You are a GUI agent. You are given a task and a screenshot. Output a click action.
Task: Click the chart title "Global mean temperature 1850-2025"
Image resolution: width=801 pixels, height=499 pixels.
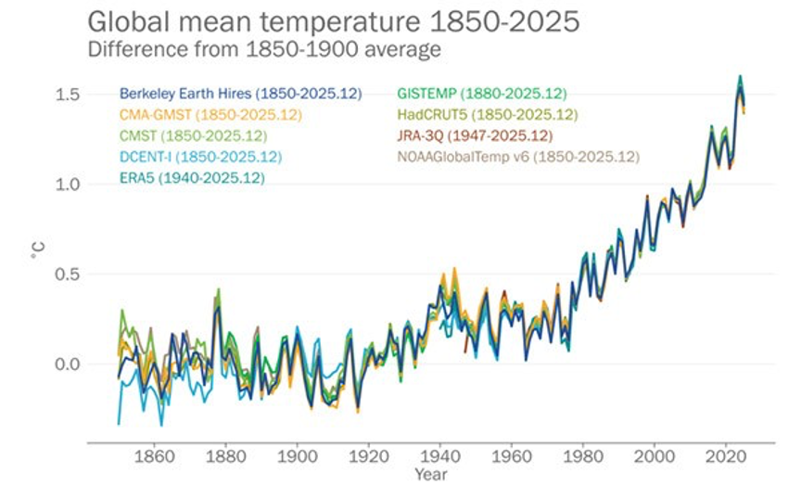click(x=334, y=22)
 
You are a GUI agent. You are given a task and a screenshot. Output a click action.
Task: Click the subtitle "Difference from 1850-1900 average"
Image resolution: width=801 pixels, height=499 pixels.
click(x=264, y=49)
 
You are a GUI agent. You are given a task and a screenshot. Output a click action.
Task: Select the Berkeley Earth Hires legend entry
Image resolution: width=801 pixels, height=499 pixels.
click(x=240, y=94)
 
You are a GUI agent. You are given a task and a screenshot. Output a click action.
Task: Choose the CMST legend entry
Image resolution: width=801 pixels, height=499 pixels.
click(x=194, y=136)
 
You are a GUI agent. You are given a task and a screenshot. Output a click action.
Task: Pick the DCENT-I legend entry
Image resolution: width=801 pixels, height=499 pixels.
click(x=200, y=157)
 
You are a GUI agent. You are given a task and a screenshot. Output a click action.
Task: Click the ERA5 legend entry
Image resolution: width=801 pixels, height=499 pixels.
click(x=192, y=177)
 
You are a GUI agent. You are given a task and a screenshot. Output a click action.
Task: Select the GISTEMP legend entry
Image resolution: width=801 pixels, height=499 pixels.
click(x=481, y=94)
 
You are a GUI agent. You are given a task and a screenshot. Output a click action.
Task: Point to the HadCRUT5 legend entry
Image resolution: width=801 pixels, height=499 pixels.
click(x=487, y=115)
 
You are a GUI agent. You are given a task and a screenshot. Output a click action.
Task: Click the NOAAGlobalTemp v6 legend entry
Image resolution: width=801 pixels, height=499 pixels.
click(x=517, y=157)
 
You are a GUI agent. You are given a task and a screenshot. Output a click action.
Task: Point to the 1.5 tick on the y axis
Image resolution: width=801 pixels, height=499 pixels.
click(x=67, y=95)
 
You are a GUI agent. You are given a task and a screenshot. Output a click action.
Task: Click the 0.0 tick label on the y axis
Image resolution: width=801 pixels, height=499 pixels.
click(x=67, y=364)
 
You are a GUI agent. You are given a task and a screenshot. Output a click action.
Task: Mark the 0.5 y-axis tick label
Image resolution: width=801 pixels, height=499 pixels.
click(x=67, y=275)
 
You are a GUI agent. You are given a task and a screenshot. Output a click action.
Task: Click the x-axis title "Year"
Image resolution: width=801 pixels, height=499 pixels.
click(x=431, y=475)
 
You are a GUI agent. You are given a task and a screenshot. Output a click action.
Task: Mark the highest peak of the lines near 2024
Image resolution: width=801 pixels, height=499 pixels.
click(x=740, y=77)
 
